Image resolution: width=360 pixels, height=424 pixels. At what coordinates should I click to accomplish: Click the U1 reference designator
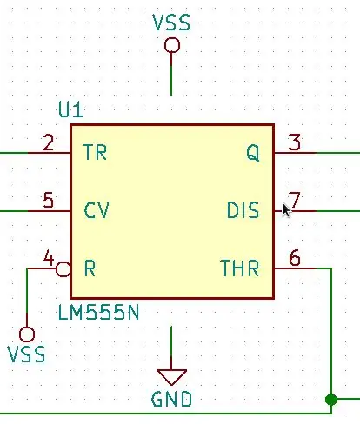(x=71, y=109)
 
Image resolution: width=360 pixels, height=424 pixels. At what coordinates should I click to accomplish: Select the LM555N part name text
(x=98, y=313)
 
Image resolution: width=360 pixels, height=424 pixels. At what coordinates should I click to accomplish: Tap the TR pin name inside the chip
(x=95, y=152)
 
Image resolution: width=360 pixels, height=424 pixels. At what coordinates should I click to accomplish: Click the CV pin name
(x=97, y=210)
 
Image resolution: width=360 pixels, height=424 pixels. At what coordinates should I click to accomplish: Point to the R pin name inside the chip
(x=90, y=268)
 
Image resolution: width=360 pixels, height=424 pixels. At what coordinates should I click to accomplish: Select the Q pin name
(x=253, y=153)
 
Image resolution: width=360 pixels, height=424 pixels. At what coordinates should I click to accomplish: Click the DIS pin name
(x=243, y=210)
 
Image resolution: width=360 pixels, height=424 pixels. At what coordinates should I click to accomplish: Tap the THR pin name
(x=240, y=268)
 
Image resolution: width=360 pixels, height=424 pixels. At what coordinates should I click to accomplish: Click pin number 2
(x=48, y=142)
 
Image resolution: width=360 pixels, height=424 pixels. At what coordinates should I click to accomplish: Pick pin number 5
(x=49, y=200)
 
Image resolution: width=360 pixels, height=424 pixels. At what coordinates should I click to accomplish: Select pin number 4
(x=49, y=257)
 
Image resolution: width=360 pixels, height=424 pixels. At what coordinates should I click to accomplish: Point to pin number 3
(x=295, y=142)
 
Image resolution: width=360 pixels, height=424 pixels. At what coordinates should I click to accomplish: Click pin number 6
(x=295, y=258)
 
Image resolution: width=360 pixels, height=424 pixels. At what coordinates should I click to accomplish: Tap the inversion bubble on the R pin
(x=63, y=269)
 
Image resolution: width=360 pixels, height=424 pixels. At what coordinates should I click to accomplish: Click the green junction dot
(x=331, y=400)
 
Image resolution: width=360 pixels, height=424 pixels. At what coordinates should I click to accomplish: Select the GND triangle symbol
(x=171, y=377)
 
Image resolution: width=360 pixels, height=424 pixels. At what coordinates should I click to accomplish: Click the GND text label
(x=171, y=399)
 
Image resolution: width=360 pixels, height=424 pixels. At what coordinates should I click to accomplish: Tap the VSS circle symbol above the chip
(x=172, y=45)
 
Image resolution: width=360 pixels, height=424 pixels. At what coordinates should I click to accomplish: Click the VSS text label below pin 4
(x=26, y=354)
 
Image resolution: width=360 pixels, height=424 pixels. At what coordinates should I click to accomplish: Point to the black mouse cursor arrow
(x=286, y=210)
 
